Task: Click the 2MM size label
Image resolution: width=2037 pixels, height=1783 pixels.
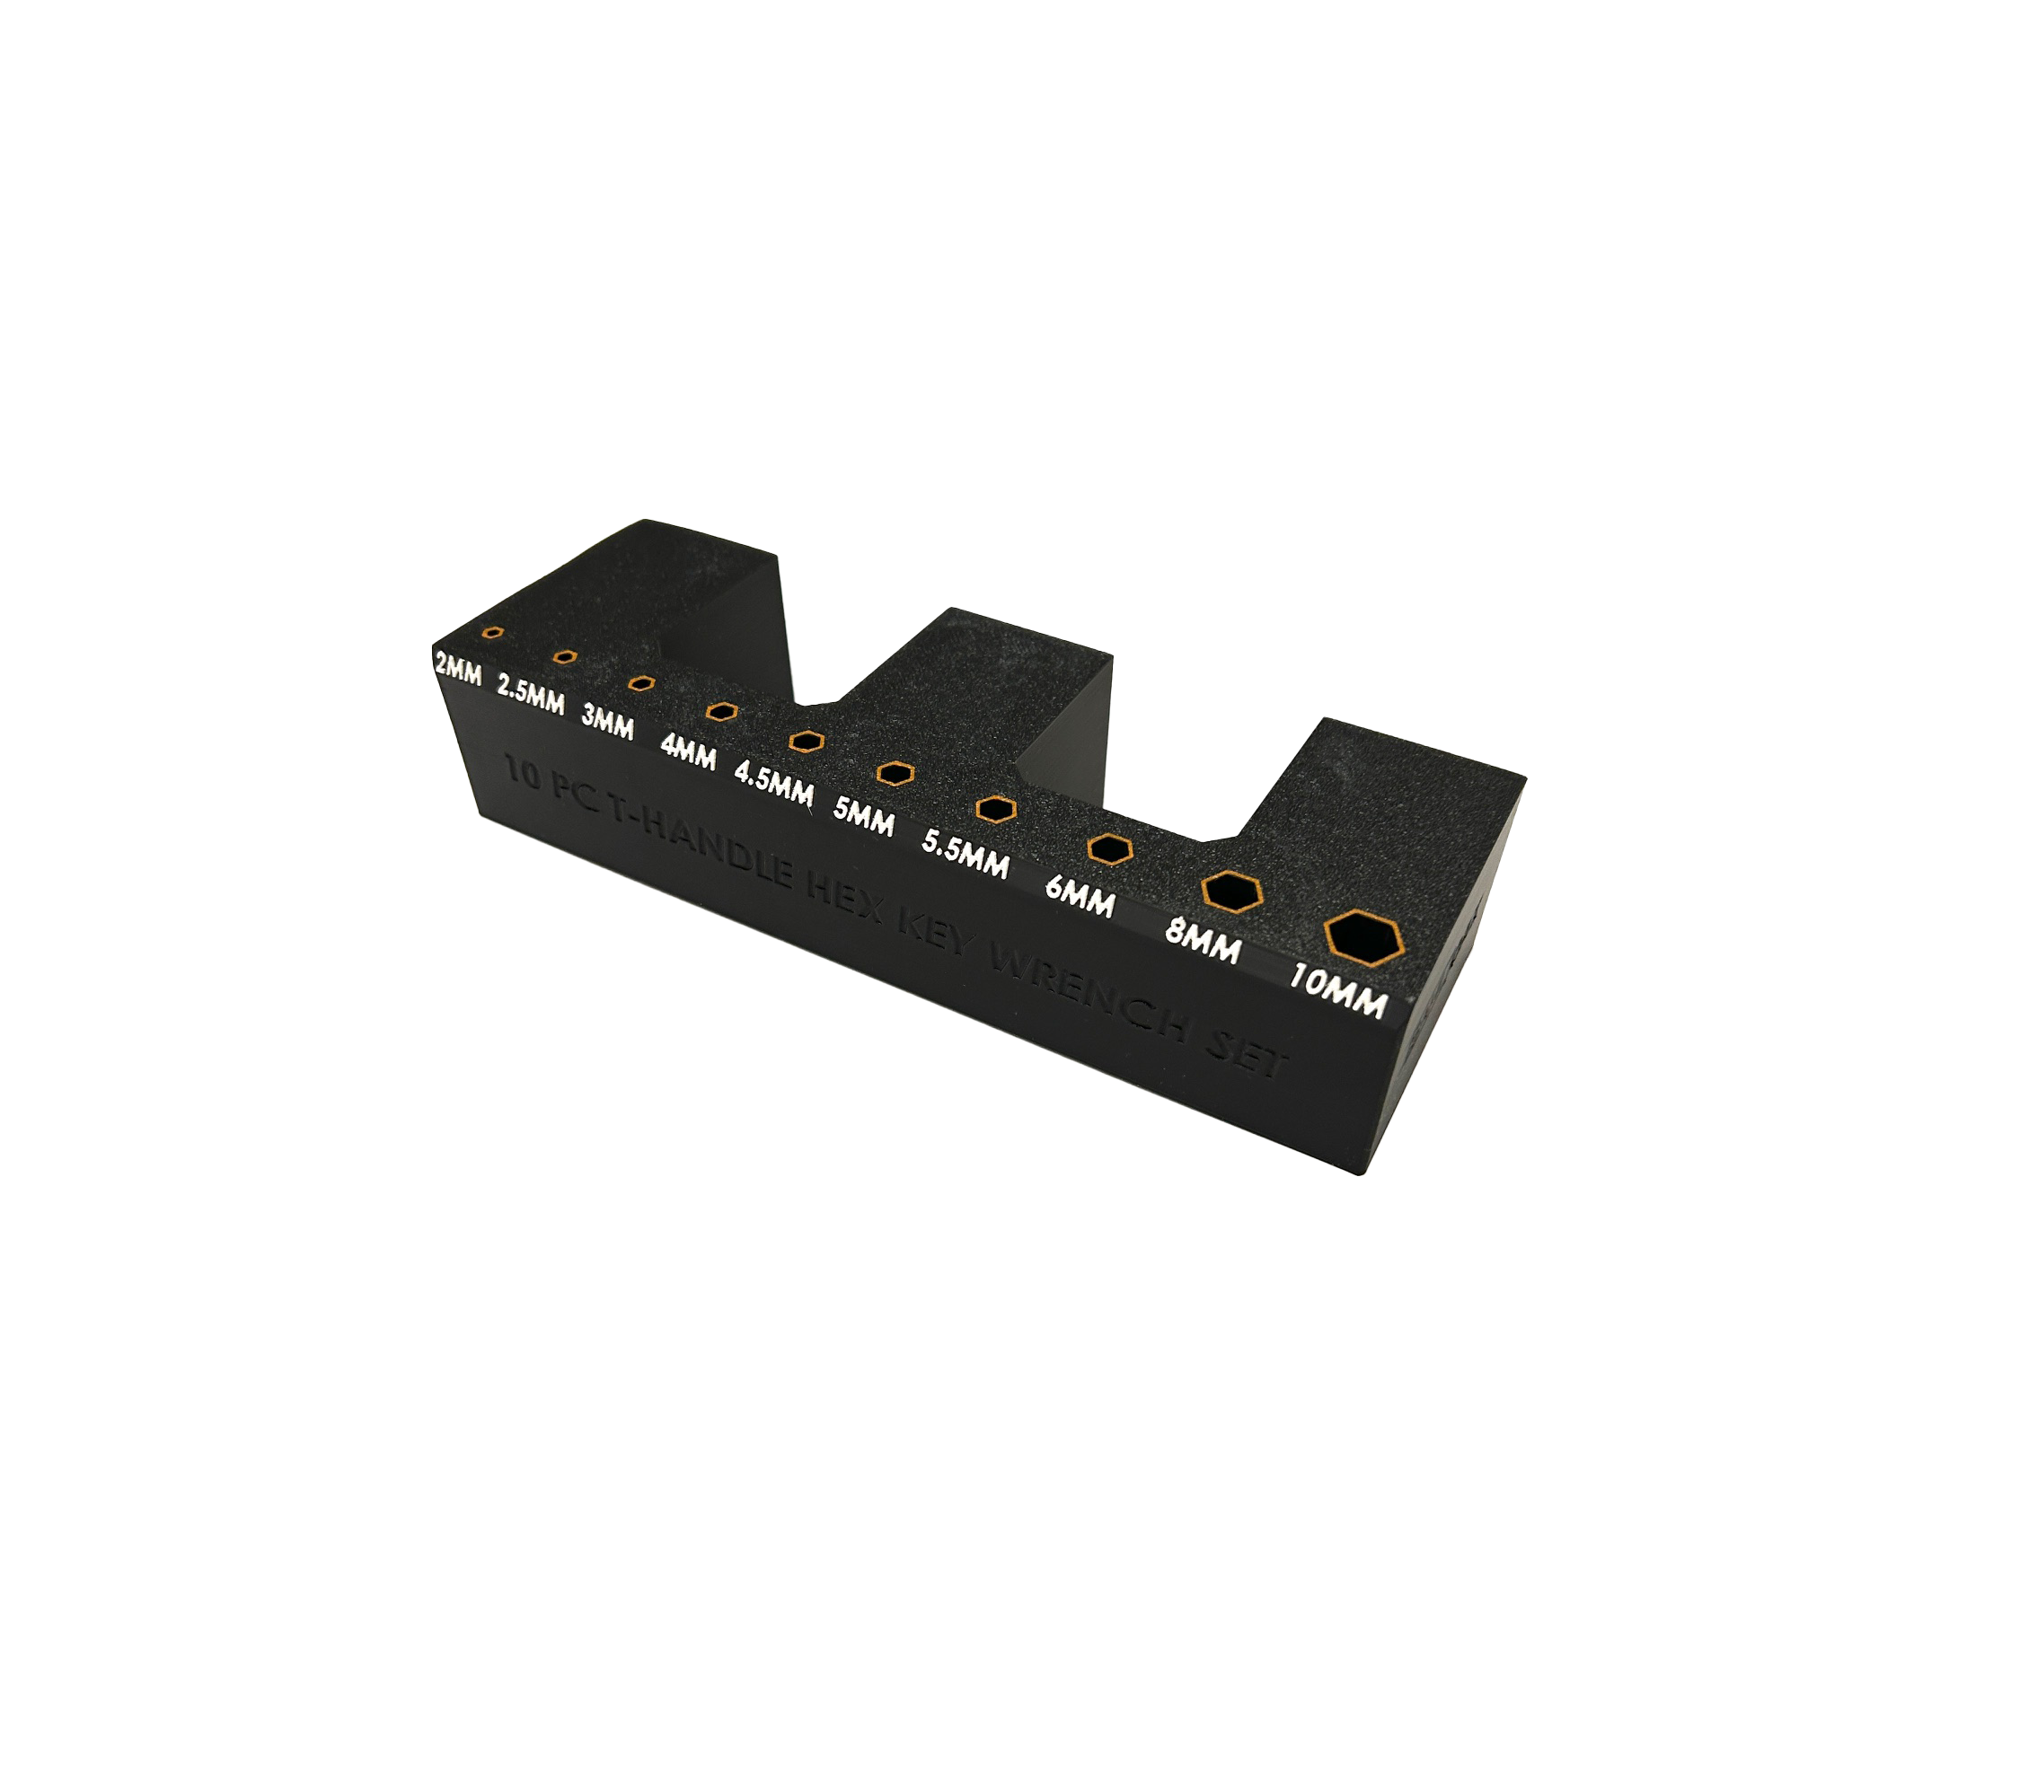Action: point(458,670)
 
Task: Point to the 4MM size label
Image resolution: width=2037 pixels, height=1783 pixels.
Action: point(688,752)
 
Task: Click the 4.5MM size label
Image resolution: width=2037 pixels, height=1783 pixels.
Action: point(774,784)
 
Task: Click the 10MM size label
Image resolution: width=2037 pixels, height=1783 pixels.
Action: point(1338,990)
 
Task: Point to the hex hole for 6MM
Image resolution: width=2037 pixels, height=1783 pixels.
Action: point(1109,848)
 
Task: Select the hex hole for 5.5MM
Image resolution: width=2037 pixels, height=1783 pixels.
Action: point(995,808)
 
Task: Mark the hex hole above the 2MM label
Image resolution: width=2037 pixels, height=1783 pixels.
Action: point(491,632)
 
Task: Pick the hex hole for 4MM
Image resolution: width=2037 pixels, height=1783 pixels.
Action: point(721,711)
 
